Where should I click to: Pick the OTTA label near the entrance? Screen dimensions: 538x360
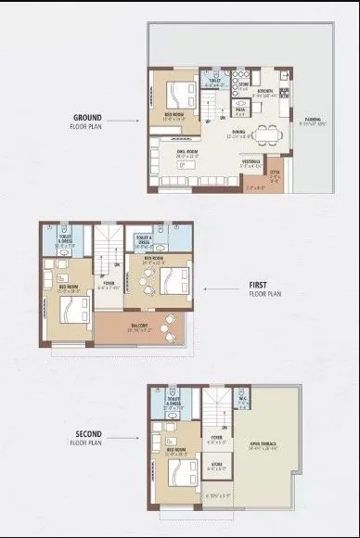point(275,173)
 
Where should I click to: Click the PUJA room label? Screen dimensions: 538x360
point(238,110)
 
